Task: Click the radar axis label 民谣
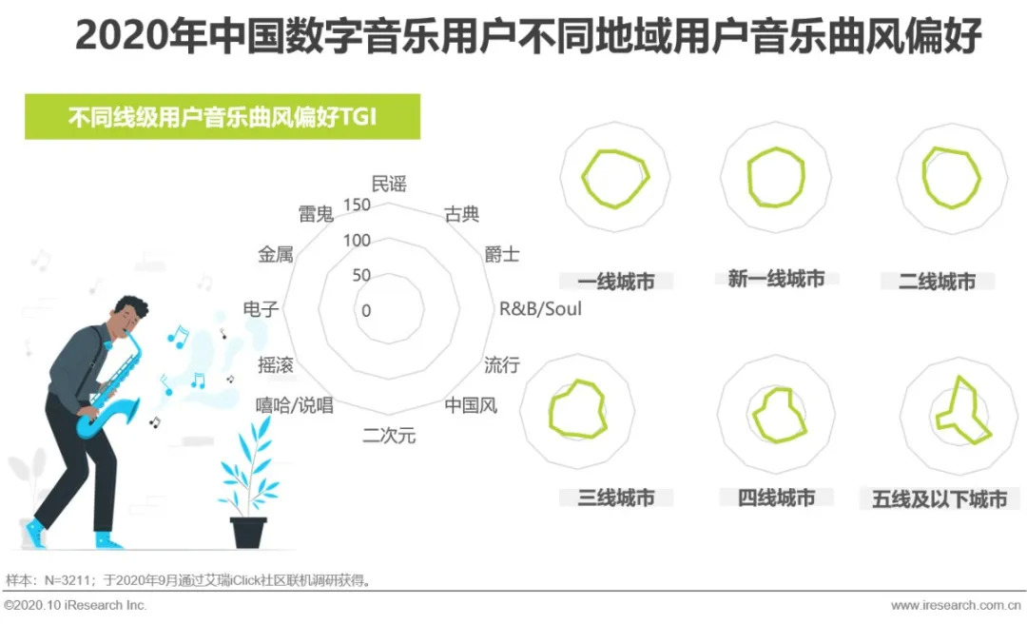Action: (388, 184)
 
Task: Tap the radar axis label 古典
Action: (462, 214)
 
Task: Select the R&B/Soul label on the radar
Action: (540, 309)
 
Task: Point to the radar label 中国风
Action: (471, 405)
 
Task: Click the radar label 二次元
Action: (389, 436)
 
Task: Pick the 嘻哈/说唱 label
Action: (295, 405)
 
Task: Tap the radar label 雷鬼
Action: (316, 214)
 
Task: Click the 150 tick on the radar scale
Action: (358, 205)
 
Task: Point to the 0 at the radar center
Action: (366, 311)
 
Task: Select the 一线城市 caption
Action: (616, 282)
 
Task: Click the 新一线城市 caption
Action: (776, 280)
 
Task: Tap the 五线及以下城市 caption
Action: (940, 499)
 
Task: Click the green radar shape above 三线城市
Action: (577, 411)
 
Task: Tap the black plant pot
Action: (248, 532)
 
